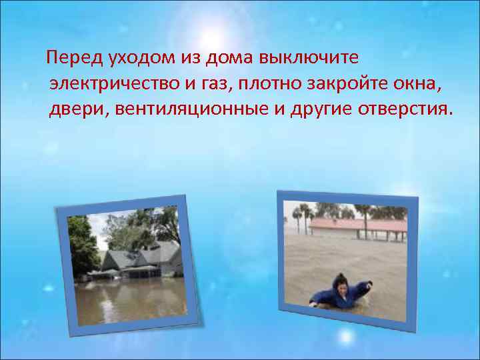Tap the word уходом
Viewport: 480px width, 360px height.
point(133,59)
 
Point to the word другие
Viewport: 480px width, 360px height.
point(321,109)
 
